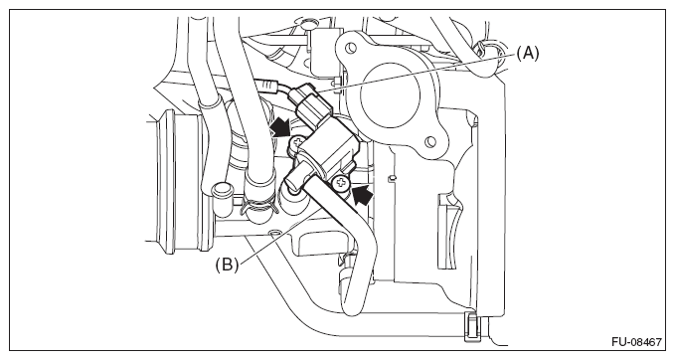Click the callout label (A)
tap(527, 54)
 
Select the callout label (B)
tap(227, 264)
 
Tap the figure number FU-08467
tap(636, 342)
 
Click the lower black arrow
tap(363, 194)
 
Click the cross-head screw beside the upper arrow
tap(298, 141)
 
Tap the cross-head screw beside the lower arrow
tap(341, 184)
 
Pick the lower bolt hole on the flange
tap(429, 141)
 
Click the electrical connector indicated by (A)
tap(311, 103)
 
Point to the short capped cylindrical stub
tap(222, 195)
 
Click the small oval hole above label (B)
tap(273, 233)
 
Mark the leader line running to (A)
tap(415, 73)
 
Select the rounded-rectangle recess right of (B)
tap(322, 242)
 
